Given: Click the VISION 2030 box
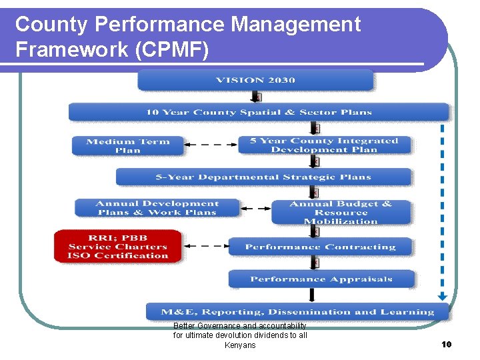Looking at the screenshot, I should click(x=255, y=81).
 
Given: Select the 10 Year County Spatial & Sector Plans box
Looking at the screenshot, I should click(x=259, y=112).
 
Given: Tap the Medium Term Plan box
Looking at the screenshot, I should click(x=127, y=145).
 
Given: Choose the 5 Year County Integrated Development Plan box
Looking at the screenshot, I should click(x=324, y=145).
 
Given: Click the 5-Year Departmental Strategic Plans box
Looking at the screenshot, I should click(x=263, y=177).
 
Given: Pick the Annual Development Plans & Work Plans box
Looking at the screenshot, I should click(x=156, y=208).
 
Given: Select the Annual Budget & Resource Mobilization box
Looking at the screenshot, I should click(x=341, y=212).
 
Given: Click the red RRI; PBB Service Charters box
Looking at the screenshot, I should click(x=117, y=247).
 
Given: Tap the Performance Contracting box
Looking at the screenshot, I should click(x=320, y=247).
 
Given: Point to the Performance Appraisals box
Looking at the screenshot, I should click(x=321, y=279).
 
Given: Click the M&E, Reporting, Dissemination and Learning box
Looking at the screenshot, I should click(x=297, y=311).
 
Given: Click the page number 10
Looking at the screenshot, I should click(x=446, y=344).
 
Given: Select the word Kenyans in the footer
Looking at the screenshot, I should click(x=240, y=345).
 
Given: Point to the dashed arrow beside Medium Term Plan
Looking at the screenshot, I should click(x=210, y=145).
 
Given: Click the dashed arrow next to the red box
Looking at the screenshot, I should click(x=205, y=247).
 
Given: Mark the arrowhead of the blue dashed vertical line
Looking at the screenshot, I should click(x=441, y=297).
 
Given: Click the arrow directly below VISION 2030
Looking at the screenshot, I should click(x=255, y=97).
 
